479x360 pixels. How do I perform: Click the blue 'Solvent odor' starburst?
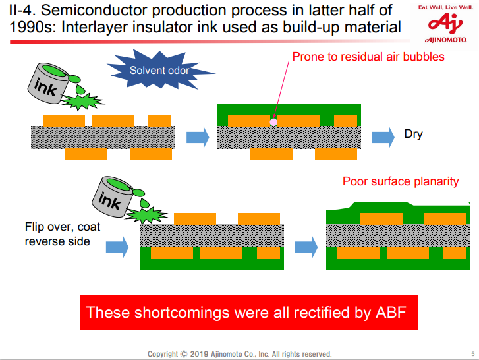160,69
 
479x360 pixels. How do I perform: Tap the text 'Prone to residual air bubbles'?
368,57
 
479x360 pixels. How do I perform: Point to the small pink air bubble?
273,121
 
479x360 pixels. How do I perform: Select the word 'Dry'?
413,135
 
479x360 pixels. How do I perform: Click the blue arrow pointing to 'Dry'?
383,136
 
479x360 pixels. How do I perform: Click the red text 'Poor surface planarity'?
400,181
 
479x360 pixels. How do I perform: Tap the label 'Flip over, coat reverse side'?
62,234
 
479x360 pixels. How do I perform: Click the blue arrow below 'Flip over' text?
117,247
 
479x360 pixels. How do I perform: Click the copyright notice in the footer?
239,354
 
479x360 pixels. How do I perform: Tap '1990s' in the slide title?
28,27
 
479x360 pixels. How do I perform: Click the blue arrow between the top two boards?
197,137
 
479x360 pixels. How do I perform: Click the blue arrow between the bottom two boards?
306,247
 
